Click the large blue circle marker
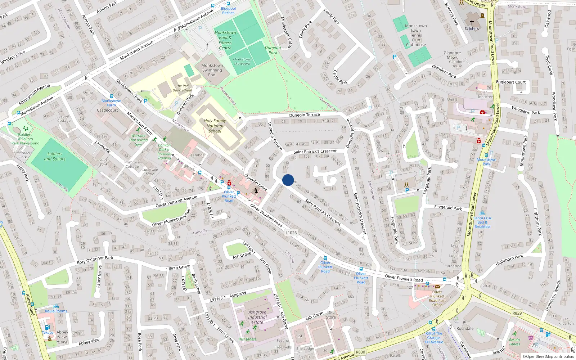[288, 180]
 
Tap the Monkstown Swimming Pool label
[212, 70]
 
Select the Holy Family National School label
[215, 126]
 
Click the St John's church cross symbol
[472, 22]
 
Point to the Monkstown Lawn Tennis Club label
[416, 35]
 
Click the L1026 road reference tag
[291, 233]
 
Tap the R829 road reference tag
[517, 313]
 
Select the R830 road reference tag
[360, 352]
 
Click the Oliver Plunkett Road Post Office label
[437, 298]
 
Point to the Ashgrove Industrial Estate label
[257, 317]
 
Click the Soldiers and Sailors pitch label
[55, 156]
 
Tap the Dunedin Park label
[273, 50]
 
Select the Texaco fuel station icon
[47, 328]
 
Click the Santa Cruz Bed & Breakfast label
[482, 222]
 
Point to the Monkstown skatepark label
[242, 62]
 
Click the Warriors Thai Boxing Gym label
[138, 140]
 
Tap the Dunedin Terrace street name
[304, 115]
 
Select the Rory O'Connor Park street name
[95, 260]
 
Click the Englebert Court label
[511, 82]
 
